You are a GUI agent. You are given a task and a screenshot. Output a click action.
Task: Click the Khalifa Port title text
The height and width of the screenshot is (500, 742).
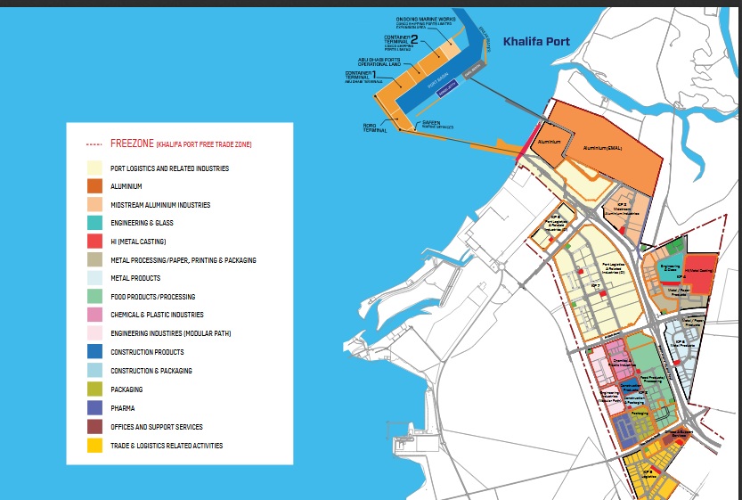[x=535, y=41]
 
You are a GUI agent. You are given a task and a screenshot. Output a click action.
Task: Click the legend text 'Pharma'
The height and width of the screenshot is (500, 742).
[x=123, y=408]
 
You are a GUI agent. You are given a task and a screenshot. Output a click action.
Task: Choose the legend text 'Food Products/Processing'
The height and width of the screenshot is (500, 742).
[x=152, y=297]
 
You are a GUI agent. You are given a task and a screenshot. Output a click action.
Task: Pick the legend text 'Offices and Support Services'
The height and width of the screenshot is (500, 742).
[x=156, y=427]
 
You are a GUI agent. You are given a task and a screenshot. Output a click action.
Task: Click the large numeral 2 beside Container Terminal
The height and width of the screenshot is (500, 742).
[x=414, y=38]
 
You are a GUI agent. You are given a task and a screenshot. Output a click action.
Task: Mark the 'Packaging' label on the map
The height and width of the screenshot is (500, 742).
[x=639, y=413]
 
